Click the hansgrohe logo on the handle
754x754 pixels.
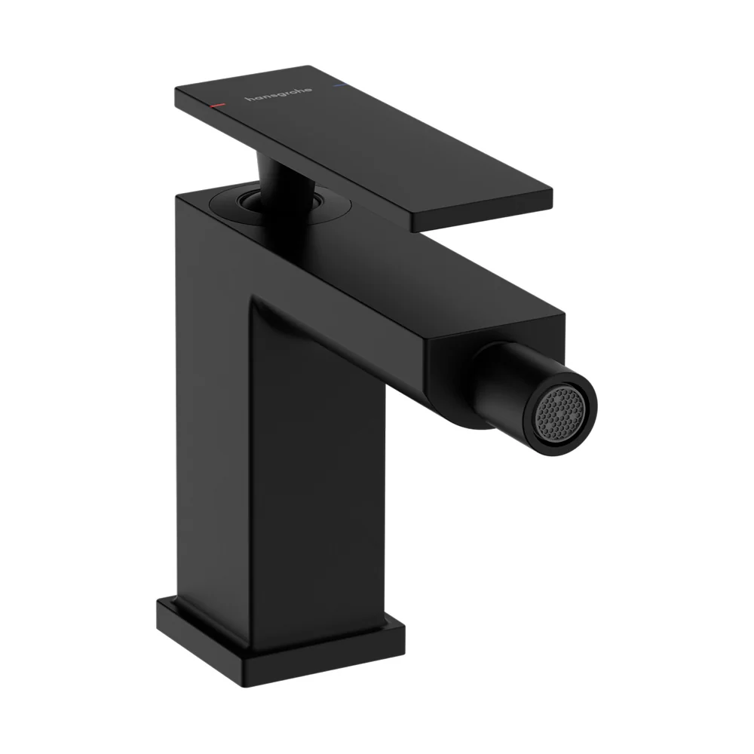[x=278, y=94]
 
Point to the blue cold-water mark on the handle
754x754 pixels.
[x=339, y=86]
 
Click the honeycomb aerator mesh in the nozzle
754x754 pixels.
[x=560, y=413]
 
